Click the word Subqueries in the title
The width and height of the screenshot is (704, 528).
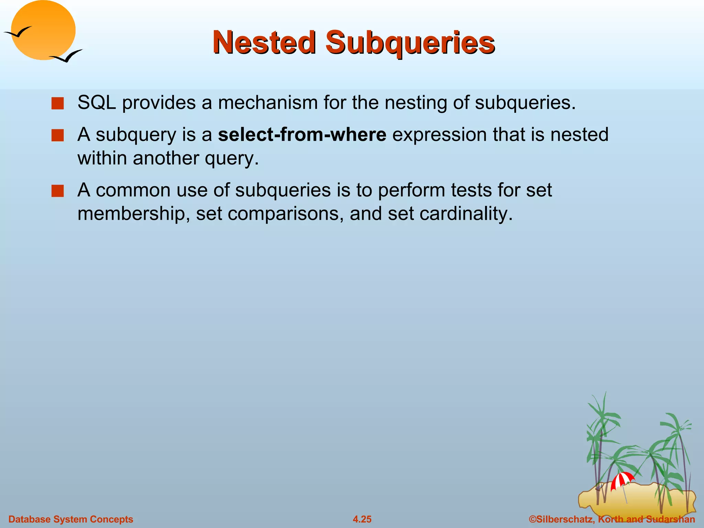click(410, 43)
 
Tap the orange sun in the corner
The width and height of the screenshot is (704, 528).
click(43, 30)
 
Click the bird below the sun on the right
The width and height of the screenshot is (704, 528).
click(67, 56)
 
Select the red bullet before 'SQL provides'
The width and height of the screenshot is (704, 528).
click(57, 103)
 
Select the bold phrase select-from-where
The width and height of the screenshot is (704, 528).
click(302, 134)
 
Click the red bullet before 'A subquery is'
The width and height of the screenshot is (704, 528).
click(57, 135)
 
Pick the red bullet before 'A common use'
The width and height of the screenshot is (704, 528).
click(57, 191)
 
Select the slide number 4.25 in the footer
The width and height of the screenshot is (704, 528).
click(362, 519)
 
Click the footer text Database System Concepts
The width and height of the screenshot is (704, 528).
click(71, 519)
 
